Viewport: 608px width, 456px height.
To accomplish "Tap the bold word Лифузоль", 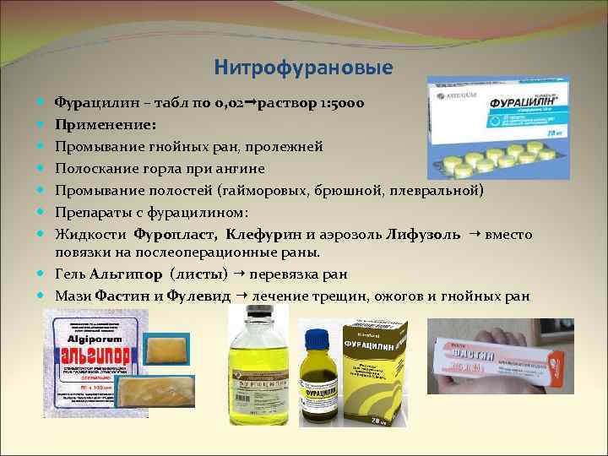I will (423, 233).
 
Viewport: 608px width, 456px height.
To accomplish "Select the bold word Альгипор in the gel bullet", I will (129, 274).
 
